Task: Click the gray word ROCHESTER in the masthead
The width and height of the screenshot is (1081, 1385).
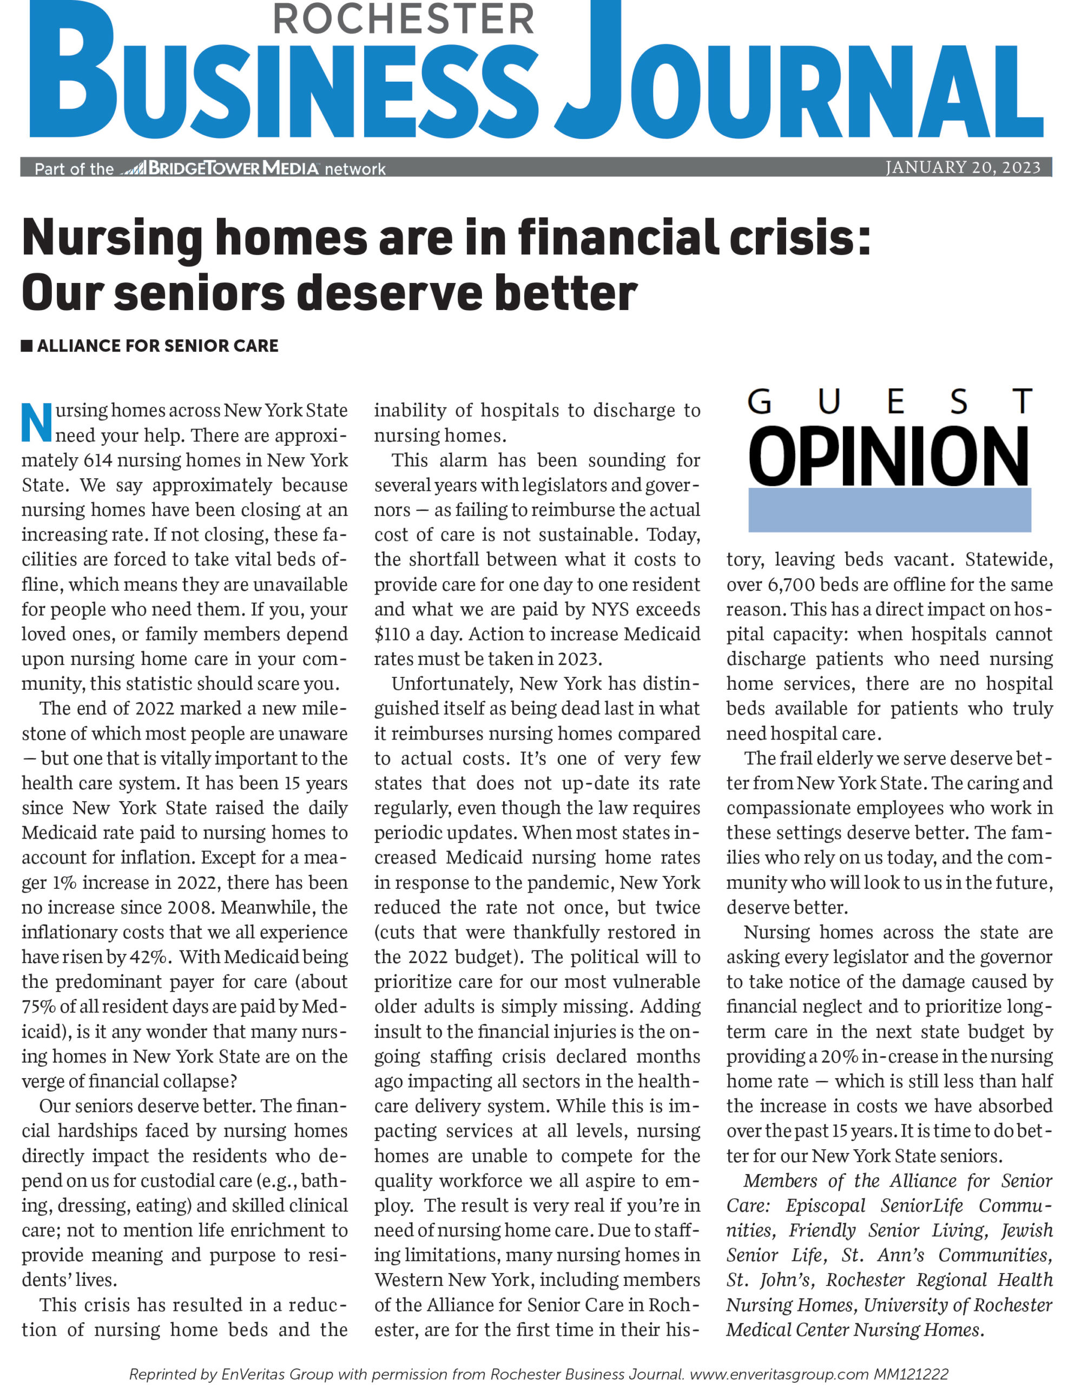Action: point(403,19)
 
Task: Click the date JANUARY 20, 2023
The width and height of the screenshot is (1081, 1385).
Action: point(963,167)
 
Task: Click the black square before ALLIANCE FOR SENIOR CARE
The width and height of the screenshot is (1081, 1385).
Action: point(27,346)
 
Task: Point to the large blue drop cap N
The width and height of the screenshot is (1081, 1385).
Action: point(36,423)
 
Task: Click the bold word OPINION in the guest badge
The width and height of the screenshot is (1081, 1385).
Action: point(889,456)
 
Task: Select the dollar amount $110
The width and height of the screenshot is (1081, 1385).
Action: point(391,634)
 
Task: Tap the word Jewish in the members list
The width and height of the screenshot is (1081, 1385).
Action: point(1026,1230)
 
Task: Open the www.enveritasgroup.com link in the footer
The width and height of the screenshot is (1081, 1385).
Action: point(779,1374)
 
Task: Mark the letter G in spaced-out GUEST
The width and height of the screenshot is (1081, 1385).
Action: point(759,402)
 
